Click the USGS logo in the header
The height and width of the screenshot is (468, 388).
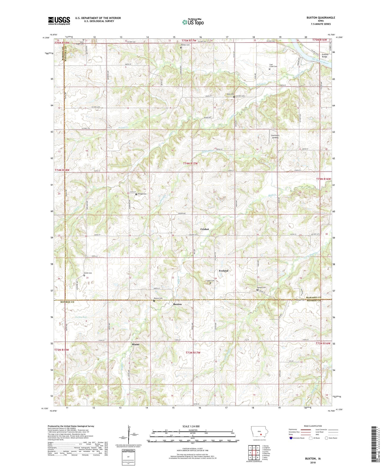click(x=59, y=21)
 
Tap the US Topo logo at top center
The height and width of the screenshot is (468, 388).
click(x=193, y=22)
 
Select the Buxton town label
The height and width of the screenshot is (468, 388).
click(x=177, y=304)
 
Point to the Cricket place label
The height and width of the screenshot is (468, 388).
click(x=205, y=229)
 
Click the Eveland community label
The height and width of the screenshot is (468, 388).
click(x=223, y=271)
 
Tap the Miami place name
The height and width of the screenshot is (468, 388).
click(x=135, y=344)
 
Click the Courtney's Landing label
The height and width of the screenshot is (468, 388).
click(x=275, y=136)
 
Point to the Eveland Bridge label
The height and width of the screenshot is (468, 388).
click(x=325, y=55)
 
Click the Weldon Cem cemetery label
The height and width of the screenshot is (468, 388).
click(x=185, y=45)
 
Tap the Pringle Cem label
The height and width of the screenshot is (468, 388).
click(x=142, y=194)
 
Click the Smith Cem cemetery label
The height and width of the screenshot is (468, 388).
click(x=88, y=273)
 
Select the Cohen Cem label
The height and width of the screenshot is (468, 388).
click(x=210, y=281)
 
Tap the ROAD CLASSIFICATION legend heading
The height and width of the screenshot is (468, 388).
click(x=313, y=426)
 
